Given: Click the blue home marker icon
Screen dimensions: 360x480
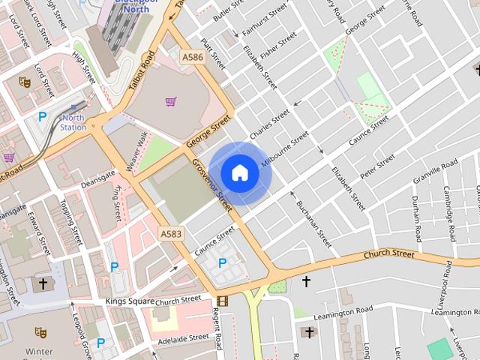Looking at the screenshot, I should tap(240, 172).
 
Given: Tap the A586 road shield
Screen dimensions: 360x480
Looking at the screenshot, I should tap(191, 56).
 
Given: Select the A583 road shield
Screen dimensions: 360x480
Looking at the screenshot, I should tap(171, 235).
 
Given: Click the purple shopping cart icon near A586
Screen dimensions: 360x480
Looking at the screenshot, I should tap(171, 101).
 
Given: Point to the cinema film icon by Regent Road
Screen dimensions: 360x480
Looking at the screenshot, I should tap(222, 301).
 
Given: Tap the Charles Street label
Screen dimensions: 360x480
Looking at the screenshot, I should tap(269, 123).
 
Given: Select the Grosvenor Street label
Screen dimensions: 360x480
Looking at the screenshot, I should tap(213, 184).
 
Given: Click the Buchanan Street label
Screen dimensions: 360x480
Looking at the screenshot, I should tap(313, 223).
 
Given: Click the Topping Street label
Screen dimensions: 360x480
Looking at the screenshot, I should tap(71, 222).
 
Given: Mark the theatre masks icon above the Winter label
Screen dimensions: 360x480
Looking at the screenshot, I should tap(40, 331).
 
